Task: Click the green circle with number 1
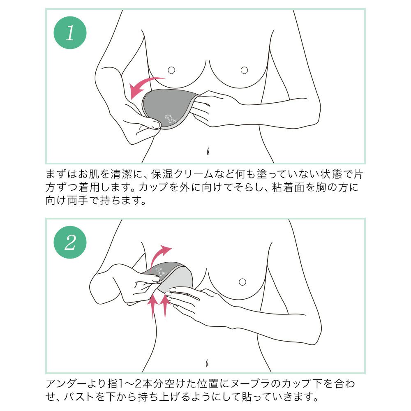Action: (70, 33)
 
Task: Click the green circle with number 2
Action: (70, 242)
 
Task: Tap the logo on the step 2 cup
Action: (160, 271)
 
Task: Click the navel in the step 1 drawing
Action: (209, 151)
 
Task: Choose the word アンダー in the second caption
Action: (72, 384)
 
